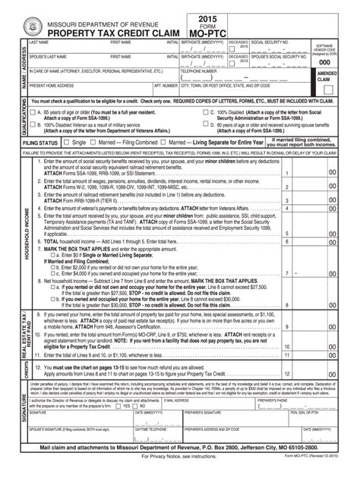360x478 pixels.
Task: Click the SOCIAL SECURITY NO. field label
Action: click(x=268, y=43)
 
